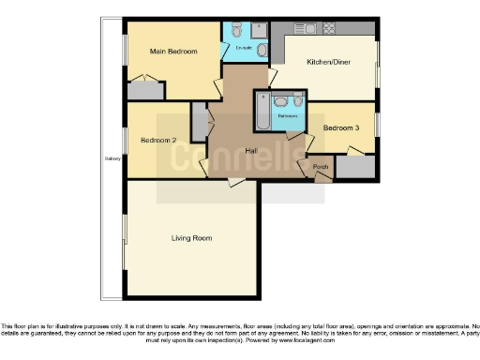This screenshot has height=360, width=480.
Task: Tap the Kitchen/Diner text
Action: click(329, 63)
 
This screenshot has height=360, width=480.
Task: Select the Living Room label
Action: click(190, 238)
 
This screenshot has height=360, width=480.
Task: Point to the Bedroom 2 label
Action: click(158, 141)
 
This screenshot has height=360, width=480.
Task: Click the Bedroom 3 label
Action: click(341, 127)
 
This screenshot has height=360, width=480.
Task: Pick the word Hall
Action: click(251, 151)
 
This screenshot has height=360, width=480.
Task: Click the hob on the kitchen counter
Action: click(330, 27)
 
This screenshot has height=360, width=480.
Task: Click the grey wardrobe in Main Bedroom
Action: click(145, 91)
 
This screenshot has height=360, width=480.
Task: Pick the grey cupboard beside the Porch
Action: click(354, 167)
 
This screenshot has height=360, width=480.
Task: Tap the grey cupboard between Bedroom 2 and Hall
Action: click(199, 120)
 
